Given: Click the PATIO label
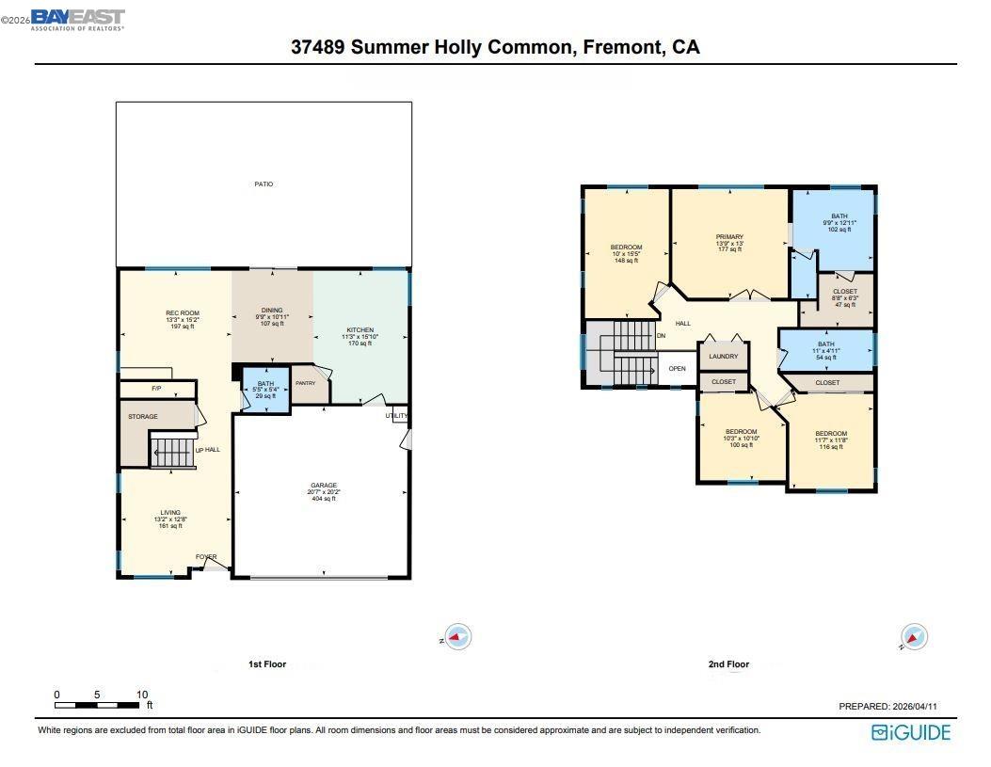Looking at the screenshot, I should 264,184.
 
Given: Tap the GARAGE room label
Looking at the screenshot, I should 323,486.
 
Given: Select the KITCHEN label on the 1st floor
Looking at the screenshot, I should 360,330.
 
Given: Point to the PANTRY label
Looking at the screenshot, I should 305,383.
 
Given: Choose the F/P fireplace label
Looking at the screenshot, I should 155,388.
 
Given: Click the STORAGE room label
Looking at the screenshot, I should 143,416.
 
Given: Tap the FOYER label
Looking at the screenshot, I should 206,557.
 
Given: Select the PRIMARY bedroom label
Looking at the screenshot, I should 729,237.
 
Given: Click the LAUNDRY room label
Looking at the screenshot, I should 723,357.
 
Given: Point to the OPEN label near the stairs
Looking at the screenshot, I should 677,369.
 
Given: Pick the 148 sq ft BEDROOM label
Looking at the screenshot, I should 626,248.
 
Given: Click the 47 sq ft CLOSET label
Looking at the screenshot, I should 844,292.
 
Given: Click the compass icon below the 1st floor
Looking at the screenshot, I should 456,637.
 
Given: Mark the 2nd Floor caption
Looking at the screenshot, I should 728,664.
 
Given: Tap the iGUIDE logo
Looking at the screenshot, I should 911,732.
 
